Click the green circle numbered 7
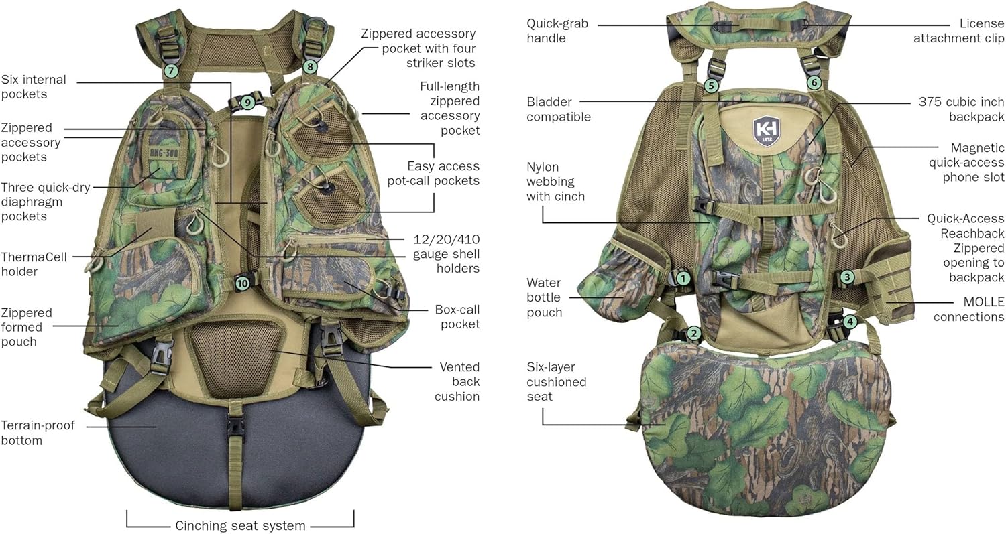(171, 70)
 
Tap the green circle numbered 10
(241, 283)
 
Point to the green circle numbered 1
(683, 277)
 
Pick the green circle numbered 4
(850, 322)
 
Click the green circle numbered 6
(814, 83)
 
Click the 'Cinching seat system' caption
(240, 525)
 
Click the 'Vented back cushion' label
(458, 381)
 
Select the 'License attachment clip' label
(958, 31)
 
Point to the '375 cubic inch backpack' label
(960, 109)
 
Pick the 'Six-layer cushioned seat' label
(556, 382)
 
